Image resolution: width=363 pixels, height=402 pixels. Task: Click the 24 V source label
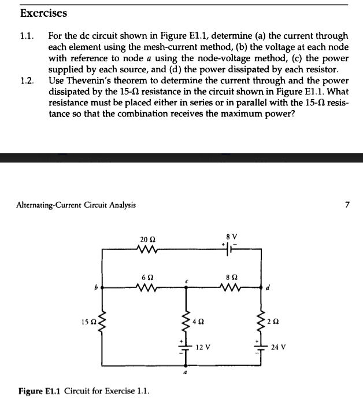pyautogui.click(x=277, y=348)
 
